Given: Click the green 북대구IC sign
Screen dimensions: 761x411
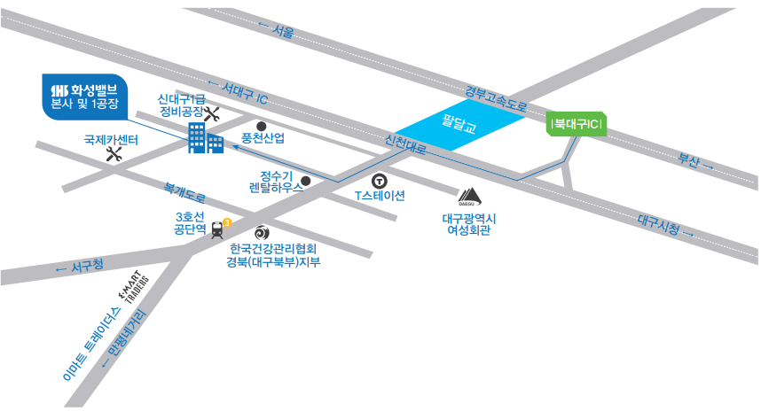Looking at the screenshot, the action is pyautogui.click(x=577, y=124).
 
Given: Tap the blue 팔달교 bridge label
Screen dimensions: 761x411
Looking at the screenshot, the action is pyautogui.click(x=459, y=124).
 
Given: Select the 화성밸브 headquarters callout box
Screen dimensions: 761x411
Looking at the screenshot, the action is pyautogui.click(x=85, y=97).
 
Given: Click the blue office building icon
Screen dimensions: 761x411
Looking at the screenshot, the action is pyautogui.click(x=206, y=137).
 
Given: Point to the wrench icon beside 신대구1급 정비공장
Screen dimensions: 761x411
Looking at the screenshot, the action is pyautogui.click(x=212, y=114).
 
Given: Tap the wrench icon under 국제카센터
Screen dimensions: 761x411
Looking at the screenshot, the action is pyautogui.click(x=114, y=154).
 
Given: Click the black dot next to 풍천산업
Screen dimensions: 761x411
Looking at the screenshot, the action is pyautogui.click(x=261, y=127).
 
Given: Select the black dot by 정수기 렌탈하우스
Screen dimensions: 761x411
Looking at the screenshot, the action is pyautogui.click(x=306, y=182).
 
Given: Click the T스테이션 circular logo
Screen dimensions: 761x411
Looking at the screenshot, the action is pyautogui.click(x=379, y=182).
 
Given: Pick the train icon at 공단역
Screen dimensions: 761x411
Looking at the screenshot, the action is pyautogui.click(x=217, y=230).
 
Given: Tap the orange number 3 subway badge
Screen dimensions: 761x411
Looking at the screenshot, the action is pyautogui.click(x=227, y=222).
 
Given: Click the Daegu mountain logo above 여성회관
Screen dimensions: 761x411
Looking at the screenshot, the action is pyautogui.click(x=469, y=197).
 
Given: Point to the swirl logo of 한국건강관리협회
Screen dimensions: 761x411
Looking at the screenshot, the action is pyautogui.click(x=262, y=233).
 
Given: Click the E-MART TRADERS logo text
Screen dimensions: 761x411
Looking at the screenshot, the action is pyautogui.click(x=133, y=287).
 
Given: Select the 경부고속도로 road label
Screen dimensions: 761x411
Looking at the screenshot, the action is pyautogui.click(x=496, y=98).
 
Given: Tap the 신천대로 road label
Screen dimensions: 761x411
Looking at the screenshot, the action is pyautogui.click(x=405, y=144).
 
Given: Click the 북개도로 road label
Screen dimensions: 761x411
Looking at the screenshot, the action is pyautogui.click(x=184, y=192).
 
